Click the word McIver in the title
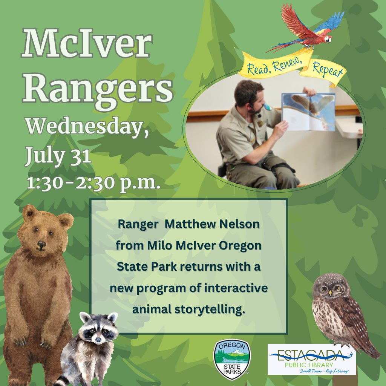(x=87, y=44)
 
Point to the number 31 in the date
(x=80, y=156)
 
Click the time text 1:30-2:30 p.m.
(x=93, y=183)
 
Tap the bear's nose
(x=41, y=244)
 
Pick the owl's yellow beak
(x=330, y=293)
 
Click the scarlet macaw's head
(x=328, y=39)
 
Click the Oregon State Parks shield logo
(x=232, y=359)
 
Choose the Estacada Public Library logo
(x=312, y=359)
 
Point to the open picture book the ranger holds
(x=308, y=112)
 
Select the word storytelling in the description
(x=210, y=309)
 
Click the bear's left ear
(x=29, y=212)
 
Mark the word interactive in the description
(x=236, y=288)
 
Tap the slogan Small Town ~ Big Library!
(x=325, y=371)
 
